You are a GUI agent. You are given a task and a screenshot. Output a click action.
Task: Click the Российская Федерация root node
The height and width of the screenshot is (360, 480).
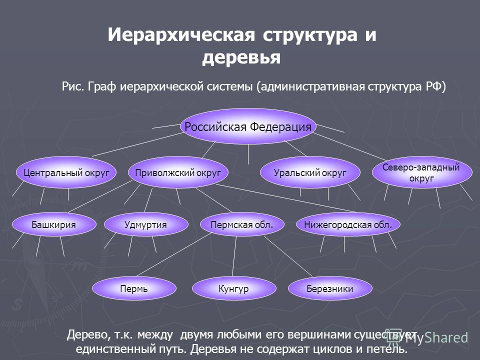pyautogui.click(x=248, y=126)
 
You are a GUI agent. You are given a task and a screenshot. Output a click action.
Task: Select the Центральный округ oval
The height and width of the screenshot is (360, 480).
pyautogui.click(x=66, y=172)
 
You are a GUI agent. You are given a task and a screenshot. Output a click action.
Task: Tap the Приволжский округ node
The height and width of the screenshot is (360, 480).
pyautogui.click(x=178, y=172)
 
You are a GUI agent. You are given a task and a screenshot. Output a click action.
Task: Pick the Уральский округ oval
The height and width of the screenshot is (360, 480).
pyautogui.click(x=310, y=172)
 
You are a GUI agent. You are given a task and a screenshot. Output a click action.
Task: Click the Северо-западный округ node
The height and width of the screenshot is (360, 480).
pyautogui.click(x=422, y=172)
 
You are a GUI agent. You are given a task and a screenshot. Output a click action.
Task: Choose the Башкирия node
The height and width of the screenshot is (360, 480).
pyautogui.click(x=54, y=224)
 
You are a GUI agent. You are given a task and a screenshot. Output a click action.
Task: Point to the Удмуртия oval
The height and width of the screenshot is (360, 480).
pyautogui.click(x=146, y=224)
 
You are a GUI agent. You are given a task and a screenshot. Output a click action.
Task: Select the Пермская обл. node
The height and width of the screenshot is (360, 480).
pyautogui.click(x=242, y=224)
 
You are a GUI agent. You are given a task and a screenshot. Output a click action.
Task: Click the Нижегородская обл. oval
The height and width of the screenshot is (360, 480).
pyautogui.click(x=348, y=224)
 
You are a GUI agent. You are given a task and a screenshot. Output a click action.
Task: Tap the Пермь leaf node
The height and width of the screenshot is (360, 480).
pyautogui.click(x=134, y=288)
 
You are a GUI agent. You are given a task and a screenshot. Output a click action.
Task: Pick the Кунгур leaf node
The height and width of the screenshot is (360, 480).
pyautogui.click(x=234, y=288)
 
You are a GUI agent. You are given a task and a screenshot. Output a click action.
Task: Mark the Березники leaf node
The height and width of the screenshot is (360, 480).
pyautogui.click(x=330, y=288)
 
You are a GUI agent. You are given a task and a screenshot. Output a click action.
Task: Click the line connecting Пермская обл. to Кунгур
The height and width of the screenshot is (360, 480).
pyautogui.click(x=234, y=256)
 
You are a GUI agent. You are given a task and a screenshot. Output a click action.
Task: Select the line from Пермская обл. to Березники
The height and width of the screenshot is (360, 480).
pyautogui.click(x=288, y=256)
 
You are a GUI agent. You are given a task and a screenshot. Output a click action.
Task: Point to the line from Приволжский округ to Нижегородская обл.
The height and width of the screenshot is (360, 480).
pyautogui.click(x=286, y=198)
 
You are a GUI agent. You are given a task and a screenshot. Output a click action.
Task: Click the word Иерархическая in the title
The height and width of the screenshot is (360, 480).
pyautogui.click(x=181, y=34)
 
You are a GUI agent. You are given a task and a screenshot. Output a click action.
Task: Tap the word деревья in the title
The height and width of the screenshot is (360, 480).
pyautogui.click(x=241, y=57)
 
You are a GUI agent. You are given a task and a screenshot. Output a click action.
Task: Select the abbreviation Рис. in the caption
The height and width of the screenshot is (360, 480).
pyautogui.click(x=73, y=86)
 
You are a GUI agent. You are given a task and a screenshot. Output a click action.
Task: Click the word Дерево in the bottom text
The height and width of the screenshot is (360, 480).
pyautogui.click(x=86, y=335)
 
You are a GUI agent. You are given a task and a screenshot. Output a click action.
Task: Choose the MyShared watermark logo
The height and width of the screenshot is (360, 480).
pyautogui.click(x=426, y=337)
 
